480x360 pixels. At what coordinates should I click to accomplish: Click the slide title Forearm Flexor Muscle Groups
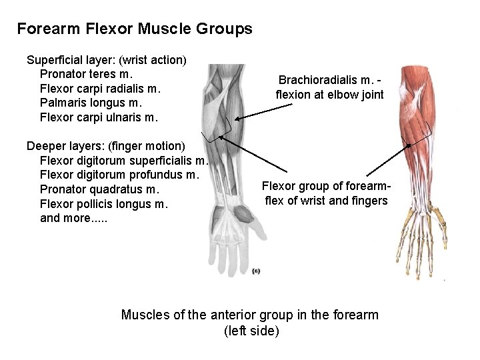tap(135, 29)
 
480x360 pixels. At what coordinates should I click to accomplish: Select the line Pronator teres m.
tap(87, 73)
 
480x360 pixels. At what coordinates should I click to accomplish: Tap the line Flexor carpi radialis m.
tap(101, 88)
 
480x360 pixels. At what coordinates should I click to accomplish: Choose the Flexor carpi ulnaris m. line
tap(99, 117)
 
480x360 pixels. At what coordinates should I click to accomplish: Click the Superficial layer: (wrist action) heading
tap(106, 59)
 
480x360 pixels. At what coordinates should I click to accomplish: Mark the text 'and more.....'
tap(73, 218)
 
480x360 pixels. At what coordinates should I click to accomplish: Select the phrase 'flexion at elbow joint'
tap(330, 95)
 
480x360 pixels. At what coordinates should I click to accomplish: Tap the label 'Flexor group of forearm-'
tap(326, 186)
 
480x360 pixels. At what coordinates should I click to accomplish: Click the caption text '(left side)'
tap(251, 331)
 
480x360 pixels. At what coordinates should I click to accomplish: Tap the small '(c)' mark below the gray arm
tap(257, 271)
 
